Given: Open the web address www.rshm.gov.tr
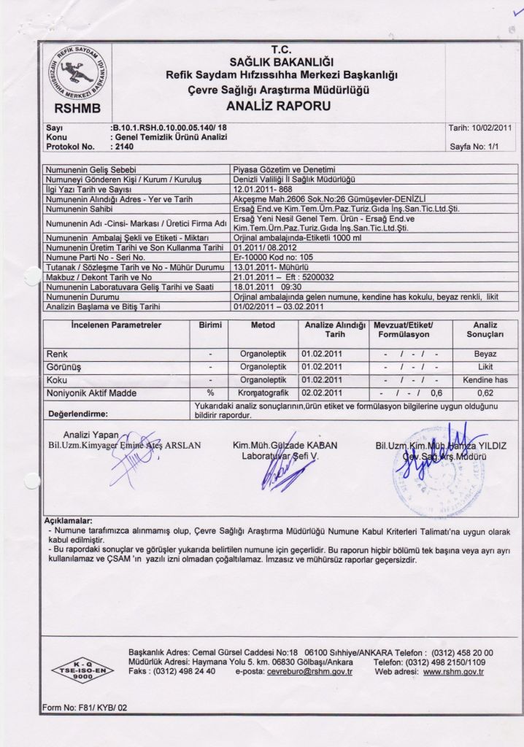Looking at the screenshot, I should pos(453,671).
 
